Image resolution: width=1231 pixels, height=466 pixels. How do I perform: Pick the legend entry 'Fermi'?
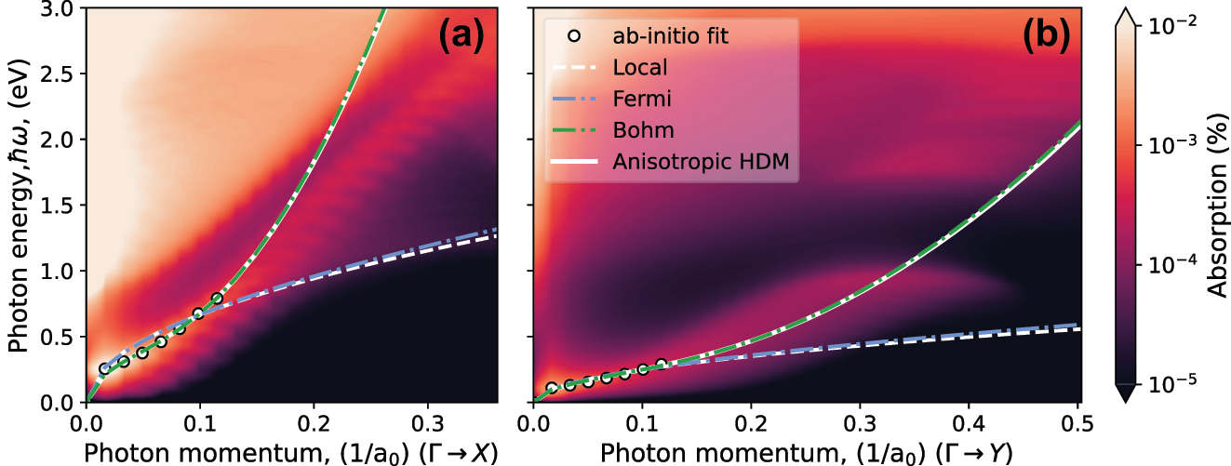[x=641, y=99]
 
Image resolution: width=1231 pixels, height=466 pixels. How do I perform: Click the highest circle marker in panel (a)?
[x=218, y=299]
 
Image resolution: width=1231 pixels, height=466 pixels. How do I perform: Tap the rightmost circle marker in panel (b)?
[x=662, y=365]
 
